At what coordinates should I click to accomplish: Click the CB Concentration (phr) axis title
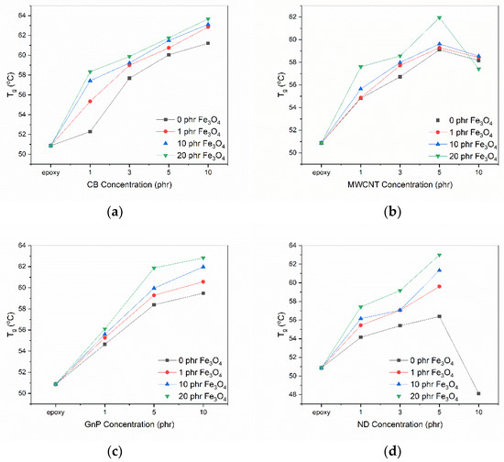point(129,184)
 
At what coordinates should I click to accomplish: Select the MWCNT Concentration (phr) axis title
point(400,184)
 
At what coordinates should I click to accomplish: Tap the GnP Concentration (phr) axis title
point(129,424)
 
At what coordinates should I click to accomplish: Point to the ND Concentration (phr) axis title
point(400,424)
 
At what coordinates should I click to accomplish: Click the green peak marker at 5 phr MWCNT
point(439,18)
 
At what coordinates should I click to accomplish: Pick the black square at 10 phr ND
point(478,393)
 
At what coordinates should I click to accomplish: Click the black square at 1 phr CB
point(90,131)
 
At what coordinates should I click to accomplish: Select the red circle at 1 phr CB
point(90,101)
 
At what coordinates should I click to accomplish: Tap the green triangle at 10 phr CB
point(208,19)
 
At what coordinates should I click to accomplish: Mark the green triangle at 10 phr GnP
point(203,258)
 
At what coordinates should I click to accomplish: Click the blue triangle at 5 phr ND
point(439,270)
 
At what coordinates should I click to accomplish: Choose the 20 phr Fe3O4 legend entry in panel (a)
point(191,156)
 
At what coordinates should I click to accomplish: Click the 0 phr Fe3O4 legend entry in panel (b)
point(463,121)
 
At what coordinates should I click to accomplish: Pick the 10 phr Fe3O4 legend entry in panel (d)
point(424,384)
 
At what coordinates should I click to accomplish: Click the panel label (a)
point(115,212)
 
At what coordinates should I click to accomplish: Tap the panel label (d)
point(392,452)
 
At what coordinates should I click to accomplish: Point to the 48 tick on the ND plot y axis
point(294,394)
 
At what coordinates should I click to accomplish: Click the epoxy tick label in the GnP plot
point(56,412)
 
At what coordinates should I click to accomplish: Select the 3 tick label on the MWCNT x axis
point(400,172)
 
